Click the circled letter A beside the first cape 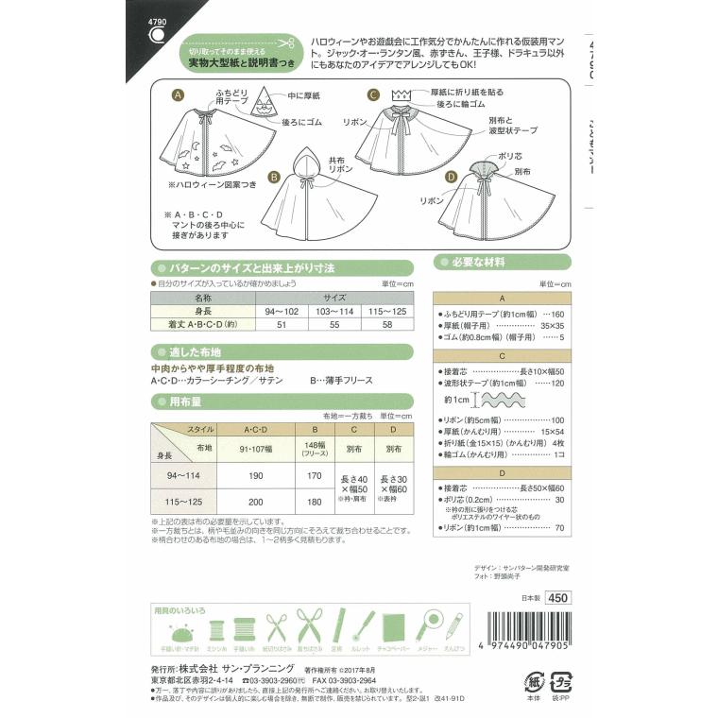tap(177, 95)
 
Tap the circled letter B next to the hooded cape tap(272, 176)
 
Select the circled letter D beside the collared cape tap(452, 176)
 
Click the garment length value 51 tap(282, 323)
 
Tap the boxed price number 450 tap(558, 596)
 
